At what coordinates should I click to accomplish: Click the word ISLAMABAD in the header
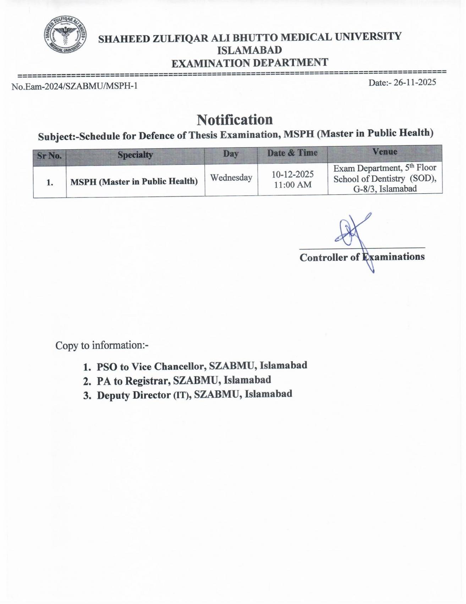point(250,50)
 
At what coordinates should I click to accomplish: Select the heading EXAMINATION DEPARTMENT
point(250,63)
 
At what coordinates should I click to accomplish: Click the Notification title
point(235,120)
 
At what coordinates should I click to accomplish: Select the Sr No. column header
point(49,156)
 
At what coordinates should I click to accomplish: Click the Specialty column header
point(135,155)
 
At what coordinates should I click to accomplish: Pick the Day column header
point(231,154)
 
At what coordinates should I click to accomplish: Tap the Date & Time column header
point(292,153)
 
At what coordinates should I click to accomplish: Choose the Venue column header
point(385,152)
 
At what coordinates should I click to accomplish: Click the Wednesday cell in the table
point(231,178)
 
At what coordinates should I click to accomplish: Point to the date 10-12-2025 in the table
point(292,174)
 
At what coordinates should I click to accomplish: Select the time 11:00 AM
point(292,185)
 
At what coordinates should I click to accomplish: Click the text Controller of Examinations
point(362,257)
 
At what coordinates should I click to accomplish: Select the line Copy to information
point(102,345)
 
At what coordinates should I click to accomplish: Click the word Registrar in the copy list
point(147,381)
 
